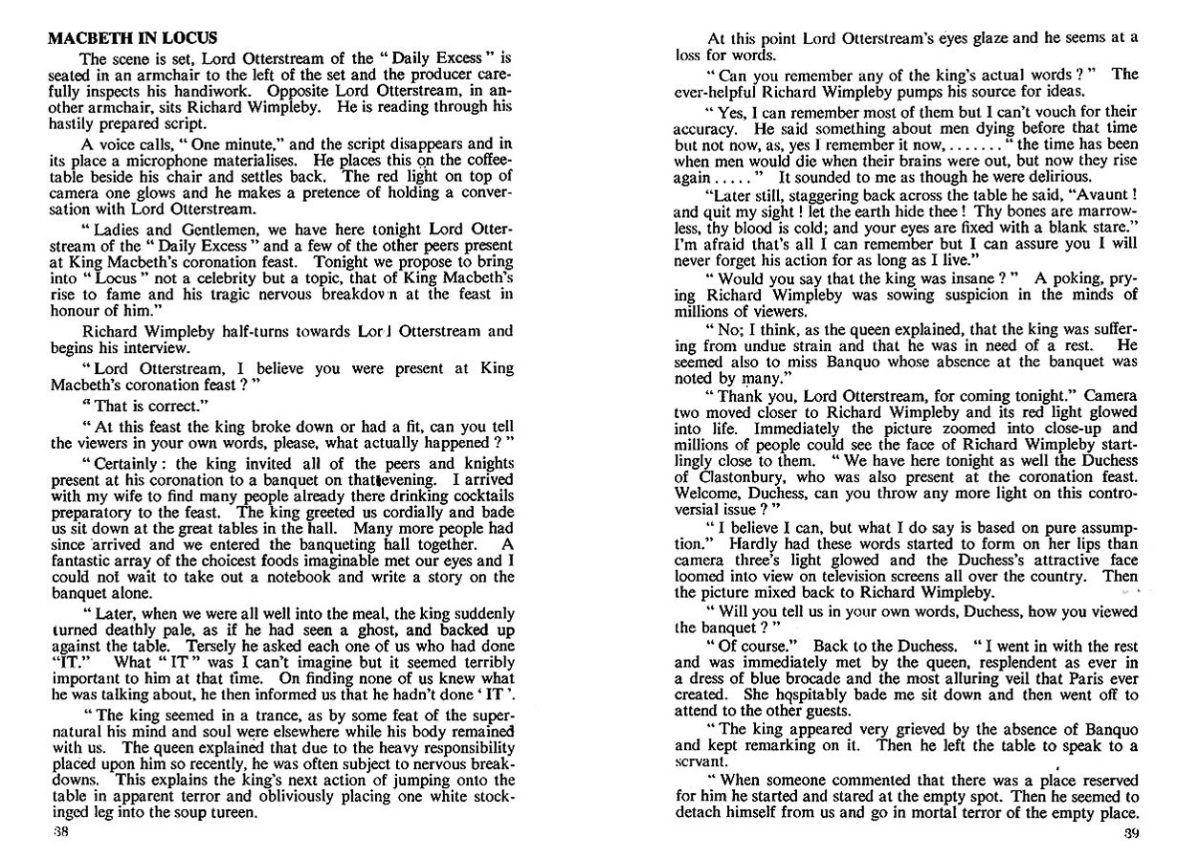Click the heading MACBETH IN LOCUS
[x=133, y=39]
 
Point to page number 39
[x=1128, y=832]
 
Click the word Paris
[x=1074, y=662]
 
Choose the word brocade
[x=833, y=662]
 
